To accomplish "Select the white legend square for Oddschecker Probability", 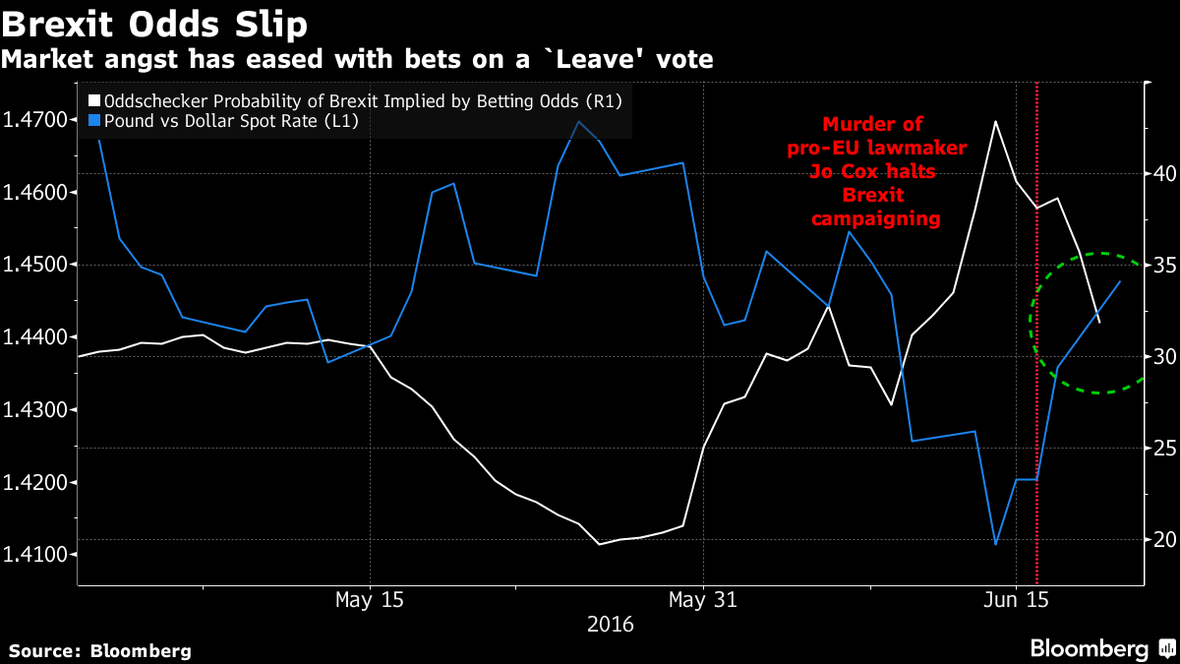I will (93, 100).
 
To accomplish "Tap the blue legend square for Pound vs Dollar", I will (93, 120).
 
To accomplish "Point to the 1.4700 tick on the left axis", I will (37, 120).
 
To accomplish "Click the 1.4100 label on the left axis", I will (37, 556).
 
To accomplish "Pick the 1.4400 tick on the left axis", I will (37, 337).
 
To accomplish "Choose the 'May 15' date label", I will (369, 598).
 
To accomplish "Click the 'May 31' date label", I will (702, 598).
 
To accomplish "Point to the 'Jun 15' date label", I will (1016, 598).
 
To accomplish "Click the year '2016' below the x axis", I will (610, 624).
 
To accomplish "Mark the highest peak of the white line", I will (995, 121).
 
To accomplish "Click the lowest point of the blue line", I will (995, 544).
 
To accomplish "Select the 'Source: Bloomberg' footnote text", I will (100, 650).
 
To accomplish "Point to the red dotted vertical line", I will (1037, 393).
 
